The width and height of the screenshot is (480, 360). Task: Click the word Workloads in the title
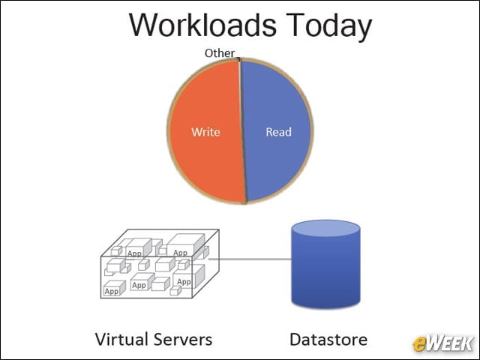pos(202,25)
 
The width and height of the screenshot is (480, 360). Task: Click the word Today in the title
pos(330,27)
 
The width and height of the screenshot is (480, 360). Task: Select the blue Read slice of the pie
pos(276,132)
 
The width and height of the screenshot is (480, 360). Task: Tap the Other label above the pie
pos(220,53)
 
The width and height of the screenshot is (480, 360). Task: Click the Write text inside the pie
pos(205,132)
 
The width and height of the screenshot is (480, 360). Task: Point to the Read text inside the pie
pos(278,132)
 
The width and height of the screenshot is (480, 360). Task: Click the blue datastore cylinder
pos(326,264)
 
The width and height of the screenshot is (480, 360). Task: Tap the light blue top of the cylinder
pos(326,228)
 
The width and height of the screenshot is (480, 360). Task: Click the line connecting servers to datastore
pos(250,259)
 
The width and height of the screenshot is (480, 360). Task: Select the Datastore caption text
pos(328,340)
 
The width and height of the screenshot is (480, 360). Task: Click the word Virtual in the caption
pos(121,340)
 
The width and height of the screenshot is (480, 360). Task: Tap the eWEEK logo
pos(442,343)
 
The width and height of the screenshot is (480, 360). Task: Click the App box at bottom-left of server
pos(114,288)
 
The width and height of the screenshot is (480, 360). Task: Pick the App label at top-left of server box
pos(134,253)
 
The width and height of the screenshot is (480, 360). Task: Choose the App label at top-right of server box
pos(180,253)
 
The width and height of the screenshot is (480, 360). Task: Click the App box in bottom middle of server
pos(142,282)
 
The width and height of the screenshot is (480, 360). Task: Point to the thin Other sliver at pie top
pos(239,59)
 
